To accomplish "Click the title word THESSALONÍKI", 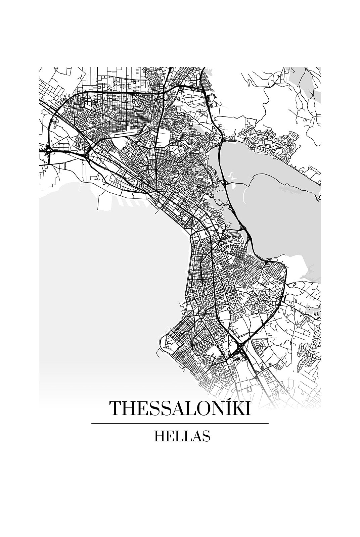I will click(x=180, y=408).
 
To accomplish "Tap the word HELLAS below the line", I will click(x=182, y=436).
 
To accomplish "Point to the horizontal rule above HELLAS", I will click(x=180, y=424).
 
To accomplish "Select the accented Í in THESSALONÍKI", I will click(x=226, y=408).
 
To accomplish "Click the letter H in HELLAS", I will click(x=159, y=437).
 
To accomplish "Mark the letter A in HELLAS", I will click(x=196, y=437).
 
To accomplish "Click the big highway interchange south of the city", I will click(x=240, y=349).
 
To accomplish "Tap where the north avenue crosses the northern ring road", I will click(x=164, y=91).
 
